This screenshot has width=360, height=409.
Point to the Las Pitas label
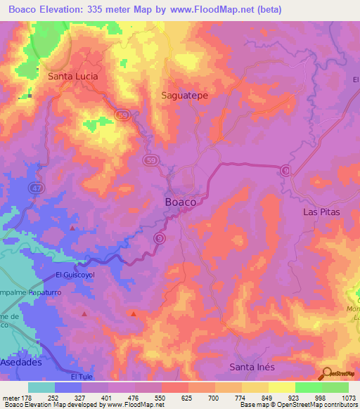tap(321, 212)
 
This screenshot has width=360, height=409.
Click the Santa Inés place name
tap(252, 367)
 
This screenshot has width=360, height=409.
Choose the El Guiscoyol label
tap(75, 275)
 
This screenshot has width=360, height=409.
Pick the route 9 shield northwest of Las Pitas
tap(285, 170)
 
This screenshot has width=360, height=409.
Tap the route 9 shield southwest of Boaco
tap(160, 240)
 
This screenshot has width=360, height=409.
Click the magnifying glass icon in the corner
tap(326, 374)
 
